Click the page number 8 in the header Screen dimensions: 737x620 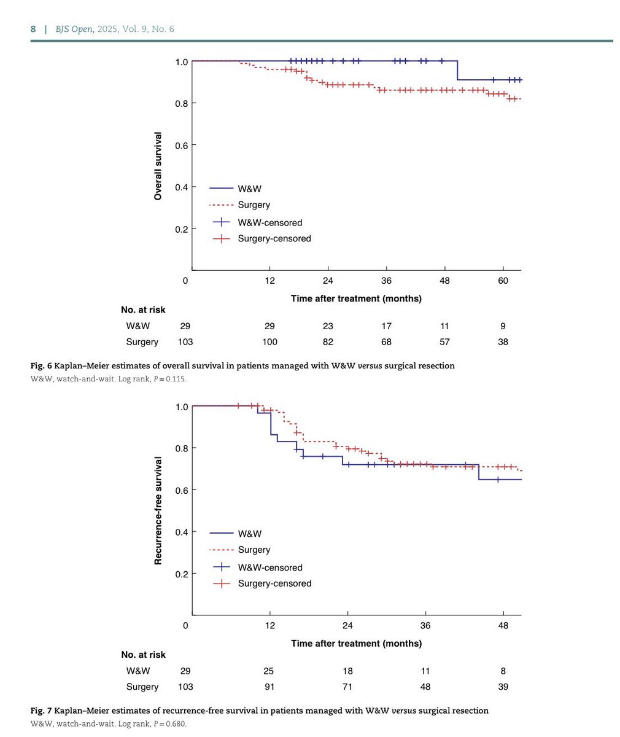33,29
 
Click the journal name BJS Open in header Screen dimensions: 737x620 76,29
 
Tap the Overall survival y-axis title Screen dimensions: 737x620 158,166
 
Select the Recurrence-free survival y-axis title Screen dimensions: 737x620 158,510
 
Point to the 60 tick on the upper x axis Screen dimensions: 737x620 503,281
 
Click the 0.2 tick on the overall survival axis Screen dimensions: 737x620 181,229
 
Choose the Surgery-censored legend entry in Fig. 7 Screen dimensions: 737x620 274,583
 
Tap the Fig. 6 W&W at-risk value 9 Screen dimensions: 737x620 503,326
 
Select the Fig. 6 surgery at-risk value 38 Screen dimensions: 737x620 503,341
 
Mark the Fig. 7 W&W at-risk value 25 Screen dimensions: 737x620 269,671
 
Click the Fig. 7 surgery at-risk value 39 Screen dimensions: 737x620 503,687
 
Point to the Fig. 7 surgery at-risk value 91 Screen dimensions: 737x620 269,687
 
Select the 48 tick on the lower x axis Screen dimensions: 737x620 503,625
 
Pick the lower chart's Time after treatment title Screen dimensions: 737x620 356,644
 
